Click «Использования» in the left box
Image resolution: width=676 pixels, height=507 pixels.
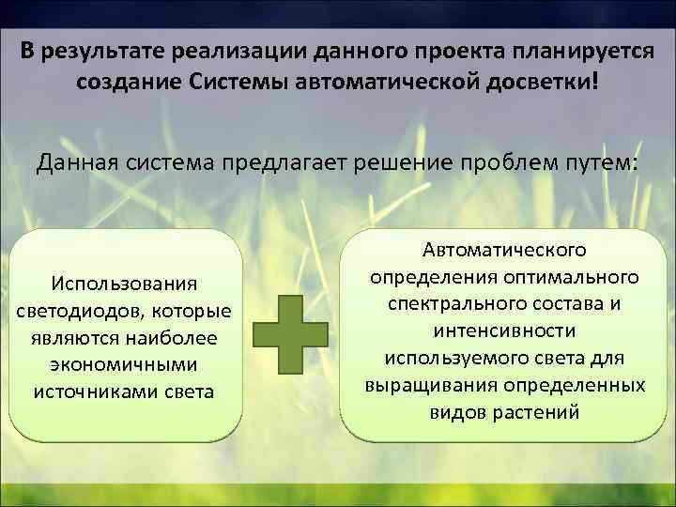125,283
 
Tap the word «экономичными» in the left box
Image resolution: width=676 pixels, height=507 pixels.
125,363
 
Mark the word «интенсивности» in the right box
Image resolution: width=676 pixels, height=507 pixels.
504,331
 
